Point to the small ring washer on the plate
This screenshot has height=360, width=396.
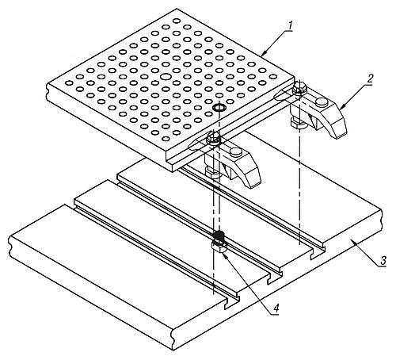click(219, 108)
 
